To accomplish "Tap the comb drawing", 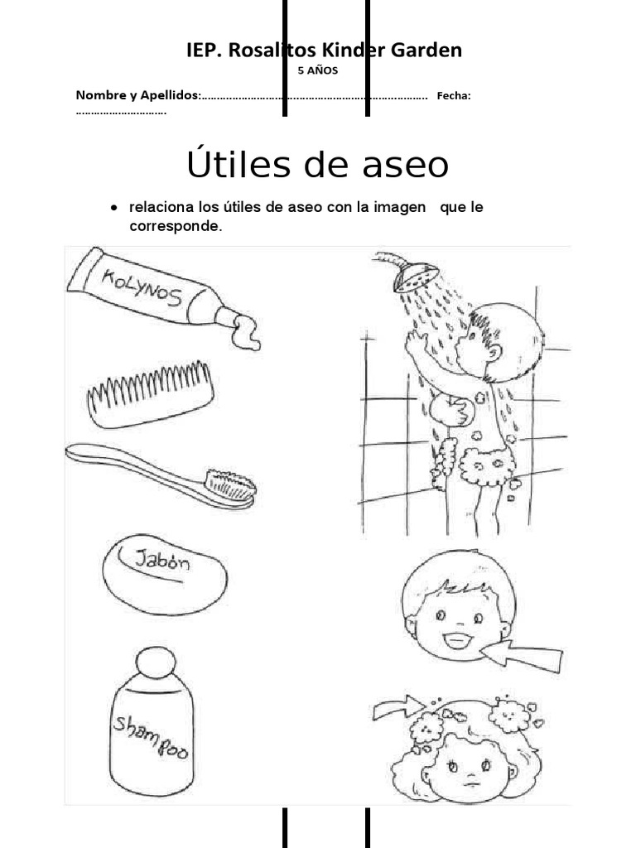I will pyautogui.click(x=150, y=393).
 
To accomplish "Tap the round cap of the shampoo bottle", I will pyautogui.click(x=156, y=662).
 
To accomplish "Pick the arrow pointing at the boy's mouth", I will pyautogui.click(x=522, y=654).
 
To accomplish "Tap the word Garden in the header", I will pyautogui.click(x=422, y=51).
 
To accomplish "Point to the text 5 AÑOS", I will pyautogui.click(x=318, y=70).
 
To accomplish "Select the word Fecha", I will pyautogui.click(x=453, y=96).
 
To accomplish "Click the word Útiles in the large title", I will pyautogui.click(x=237, y=165).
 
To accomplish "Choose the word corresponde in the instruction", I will pyautogui.click(x=176, y=225).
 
